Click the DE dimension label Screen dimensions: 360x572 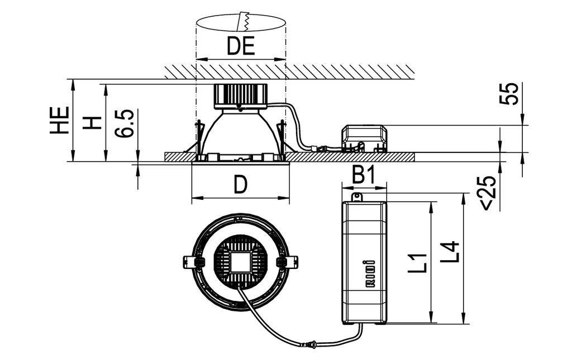(x=241, y=46)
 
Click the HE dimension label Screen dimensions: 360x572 (x=60, y=120)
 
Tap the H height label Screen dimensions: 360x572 (x=92, y=122)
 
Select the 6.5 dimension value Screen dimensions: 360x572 (x=125, y=123)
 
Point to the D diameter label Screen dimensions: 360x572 (x=240, y=184)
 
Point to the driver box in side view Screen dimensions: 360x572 (x=364, y=137)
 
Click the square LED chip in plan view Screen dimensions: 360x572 (x=241, y=261)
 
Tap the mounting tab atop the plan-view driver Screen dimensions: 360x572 (x=357, y=196)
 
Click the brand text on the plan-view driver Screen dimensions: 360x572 (x=368, y=273)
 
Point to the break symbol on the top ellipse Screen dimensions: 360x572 (x=243, y=21)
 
